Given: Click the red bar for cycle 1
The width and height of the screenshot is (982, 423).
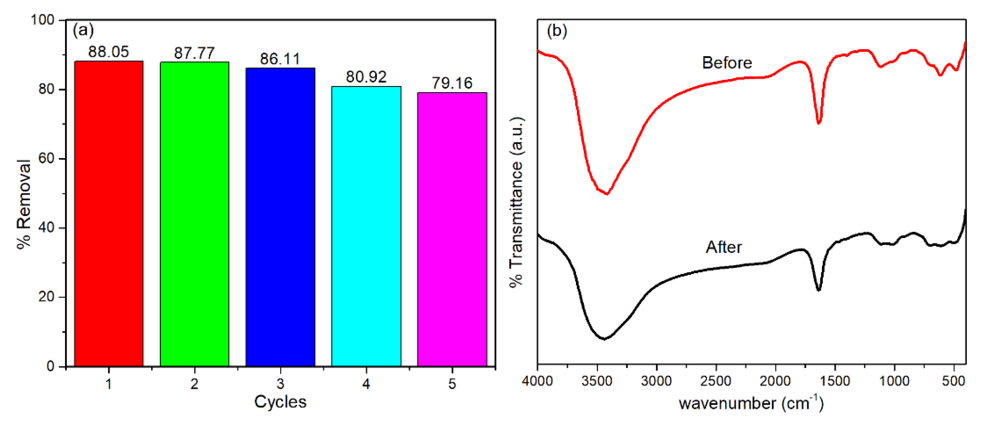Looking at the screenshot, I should click(x=109, y=213).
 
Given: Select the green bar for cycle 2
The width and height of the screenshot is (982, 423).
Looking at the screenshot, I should click(x=195, y=213).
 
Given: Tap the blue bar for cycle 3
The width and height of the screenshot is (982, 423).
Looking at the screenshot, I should click(x=280, y=217).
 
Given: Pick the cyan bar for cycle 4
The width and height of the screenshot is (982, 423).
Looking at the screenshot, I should click(x=366, y=227).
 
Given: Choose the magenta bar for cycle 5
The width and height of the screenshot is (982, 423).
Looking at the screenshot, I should click(x=452, y=229).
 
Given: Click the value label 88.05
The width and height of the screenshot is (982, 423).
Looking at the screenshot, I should click(x=109, y=52).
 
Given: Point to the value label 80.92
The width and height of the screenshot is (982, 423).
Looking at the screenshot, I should click(x=366, y=77).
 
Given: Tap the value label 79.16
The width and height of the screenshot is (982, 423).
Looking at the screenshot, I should click(x=452, y=83).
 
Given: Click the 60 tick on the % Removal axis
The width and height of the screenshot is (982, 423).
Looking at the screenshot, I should click(x=46, y=158).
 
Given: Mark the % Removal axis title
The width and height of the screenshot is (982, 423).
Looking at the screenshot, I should click(x=24, y=204).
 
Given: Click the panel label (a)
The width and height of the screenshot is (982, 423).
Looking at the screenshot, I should click(x=83, y=30).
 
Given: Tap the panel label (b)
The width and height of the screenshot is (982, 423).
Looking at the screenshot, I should click(x=557, y=31).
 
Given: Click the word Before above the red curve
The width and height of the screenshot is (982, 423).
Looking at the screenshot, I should click(x=727, y=63).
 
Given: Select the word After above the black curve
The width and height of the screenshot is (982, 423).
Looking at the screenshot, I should click(x=724, y=247).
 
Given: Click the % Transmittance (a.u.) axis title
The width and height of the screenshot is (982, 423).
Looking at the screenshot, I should click(x=517, y=202).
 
